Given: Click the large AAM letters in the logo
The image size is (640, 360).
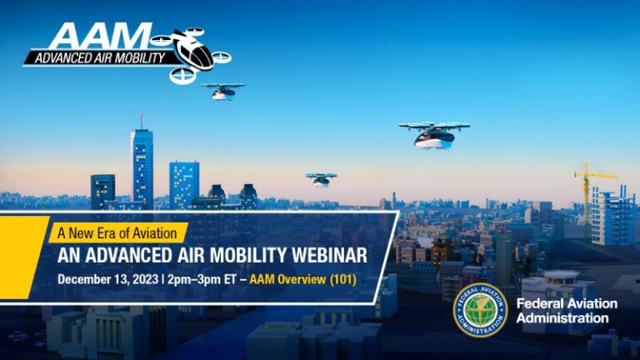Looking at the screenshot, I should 92,37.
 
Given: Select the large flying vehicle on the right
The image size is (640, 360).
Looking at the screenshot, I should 434,134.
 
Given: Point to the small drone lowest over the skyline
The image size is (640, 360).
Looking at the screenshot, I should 321,178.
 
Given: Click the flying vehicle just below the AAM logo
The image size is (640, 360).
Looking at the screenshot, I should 222,91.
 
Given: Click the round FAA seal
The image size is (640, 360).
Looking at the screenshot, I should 480,311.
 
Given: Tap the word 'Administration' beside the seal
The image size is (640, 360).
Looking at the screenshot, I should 562,318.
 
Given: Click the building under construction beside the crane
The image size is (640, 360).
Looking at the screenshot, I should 612,215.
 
